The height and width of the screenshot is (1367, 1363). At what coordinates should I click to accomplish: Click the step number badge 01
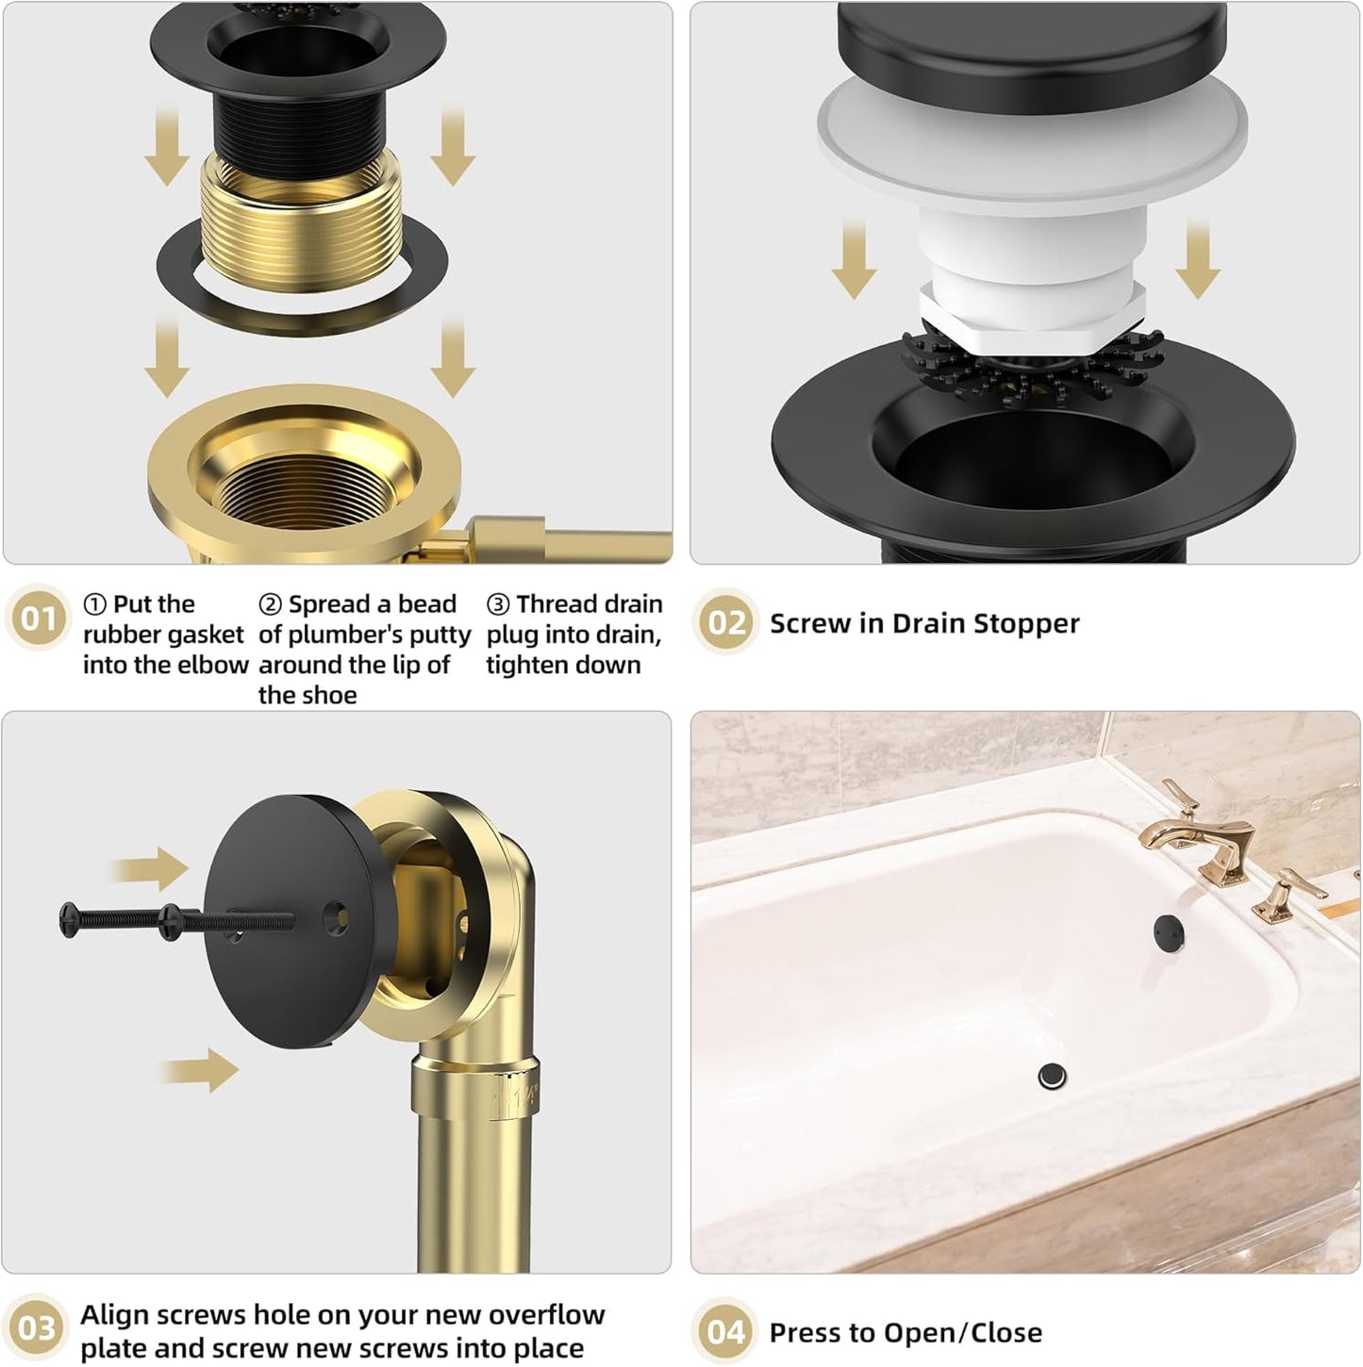point(38,619)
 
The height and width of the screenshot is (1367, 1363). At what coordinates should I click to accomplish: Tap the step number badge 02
point(725,622)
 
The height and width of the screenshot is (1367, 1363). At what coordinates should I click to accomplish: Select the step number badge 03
point(38,1328)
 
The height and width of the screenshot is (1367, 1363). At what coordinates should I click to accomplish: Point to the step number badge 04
point(725,1331)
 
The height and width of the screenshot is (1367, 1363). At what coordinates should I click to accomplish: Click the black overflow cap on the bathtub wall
point(1168,932)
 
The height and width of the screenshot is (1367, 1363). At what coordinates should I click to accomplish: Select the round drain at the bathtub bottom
point(1052,1074)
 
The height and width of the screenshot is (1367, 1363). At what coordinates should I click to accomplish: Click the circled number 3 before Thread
point(497,604)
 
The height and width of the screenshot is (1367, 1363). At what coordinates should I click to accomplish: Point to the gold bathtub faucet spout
point(1170,834)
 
